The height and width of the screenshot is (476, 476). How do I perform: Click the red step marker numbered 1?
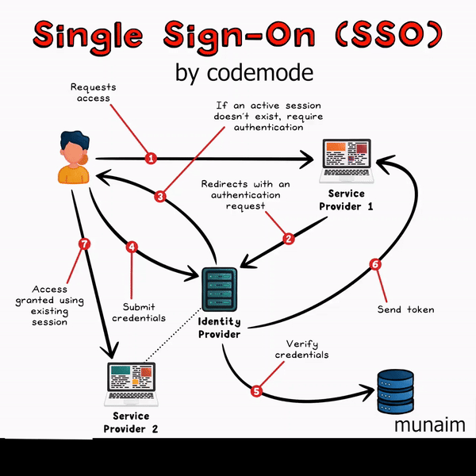[151, 158]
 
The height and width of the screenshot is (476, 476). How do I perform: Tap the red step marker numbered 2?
[289, 237]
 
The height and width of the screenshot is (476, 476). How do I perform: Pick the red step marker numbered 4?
[132, 247]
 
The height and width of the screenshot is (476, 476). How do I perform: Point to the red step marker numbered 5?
[256, 390]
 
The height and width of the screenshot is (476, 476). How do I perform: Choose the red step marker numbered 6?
[376, 265]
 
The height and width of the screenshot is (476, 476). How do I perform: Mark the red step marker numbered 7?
[85, 244]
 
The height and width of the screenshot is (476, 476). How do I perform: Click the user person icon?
[72, 159]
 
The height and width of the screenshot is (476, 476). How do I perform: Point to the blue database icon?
[395, 391]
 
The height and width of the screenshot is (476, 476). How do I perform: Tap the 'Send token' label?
[406, 309]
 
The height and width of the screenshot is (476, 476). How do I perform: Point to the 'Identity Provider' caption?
[219, 328]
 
